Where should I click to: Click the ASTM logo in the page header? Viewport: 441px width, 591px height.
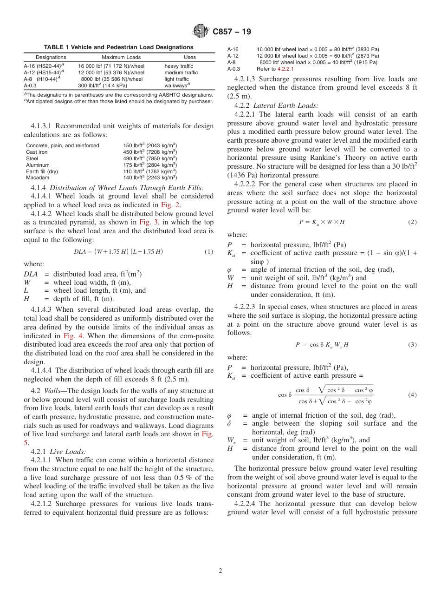(201, 32)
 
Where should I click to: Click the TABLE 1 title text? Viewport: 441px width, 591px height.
(118, 47)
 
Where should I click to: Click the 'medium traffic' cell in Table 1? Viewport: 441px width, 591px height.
(181, 72)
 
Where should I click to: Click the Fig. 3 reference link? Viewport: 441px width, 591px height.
(149, 222)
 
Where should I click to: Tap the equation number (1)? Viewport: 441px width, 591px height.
(209, 252)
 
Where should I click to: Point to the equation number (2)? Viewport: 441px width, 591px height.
(412, 222)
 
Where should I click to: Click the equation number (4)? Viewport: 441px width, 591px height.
(412, 395)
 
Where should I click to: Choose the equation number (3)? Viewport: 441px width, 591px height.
(412, 345)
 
